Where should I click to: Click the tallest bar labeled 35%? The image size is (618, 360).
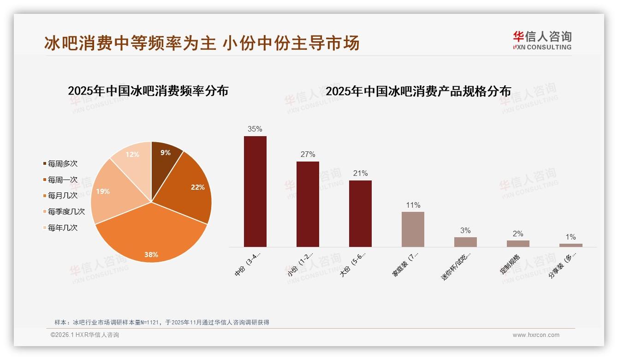(255, 192)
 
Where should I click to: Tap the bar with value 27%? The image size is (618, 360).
(308, 204)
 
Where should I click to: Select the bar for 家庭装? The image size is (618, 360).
(413, 229)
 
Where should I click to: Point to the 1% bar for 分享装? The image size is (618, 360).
(570, 245)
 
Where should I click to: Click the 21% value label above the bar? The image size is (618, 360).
(360, 174)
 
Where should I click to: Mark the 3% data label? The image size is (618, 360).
(465, 230)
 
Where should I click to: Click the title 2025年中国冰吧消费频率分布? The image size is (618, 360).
(148, 91)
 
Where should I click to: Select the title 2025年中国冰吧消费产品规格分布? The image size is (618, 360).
(418, 91)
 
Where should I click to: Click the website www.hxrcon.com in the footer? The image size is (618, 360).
(536, 335)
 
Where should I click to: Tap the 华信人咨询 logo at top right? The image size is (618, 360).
(542, 40)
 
